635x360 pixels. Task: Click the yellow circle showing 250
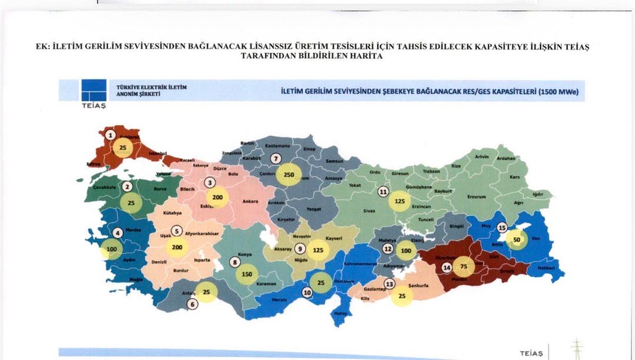coord(289,175)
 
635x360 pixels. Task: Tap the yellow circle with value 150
coord(247,274)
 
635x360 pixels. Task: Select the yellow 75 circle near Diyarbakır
coord(463,266)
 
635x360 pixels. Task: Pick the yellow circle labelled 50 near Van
coord(517,239)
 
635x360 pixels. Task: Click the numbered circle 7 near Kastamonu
coord(275,158)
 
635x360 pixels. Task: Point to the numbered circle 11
coord(383,191)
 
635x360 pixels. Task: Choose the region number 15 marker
coord(502,227)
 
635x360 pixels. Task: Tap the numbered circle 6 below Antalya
coord(192,304)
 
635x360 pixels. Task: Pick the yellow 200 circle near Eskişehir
coord(218,198)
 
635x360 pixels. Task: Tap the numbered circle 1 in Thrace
coord(110,135)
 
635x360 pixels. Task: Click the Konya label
coord(244,255)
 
